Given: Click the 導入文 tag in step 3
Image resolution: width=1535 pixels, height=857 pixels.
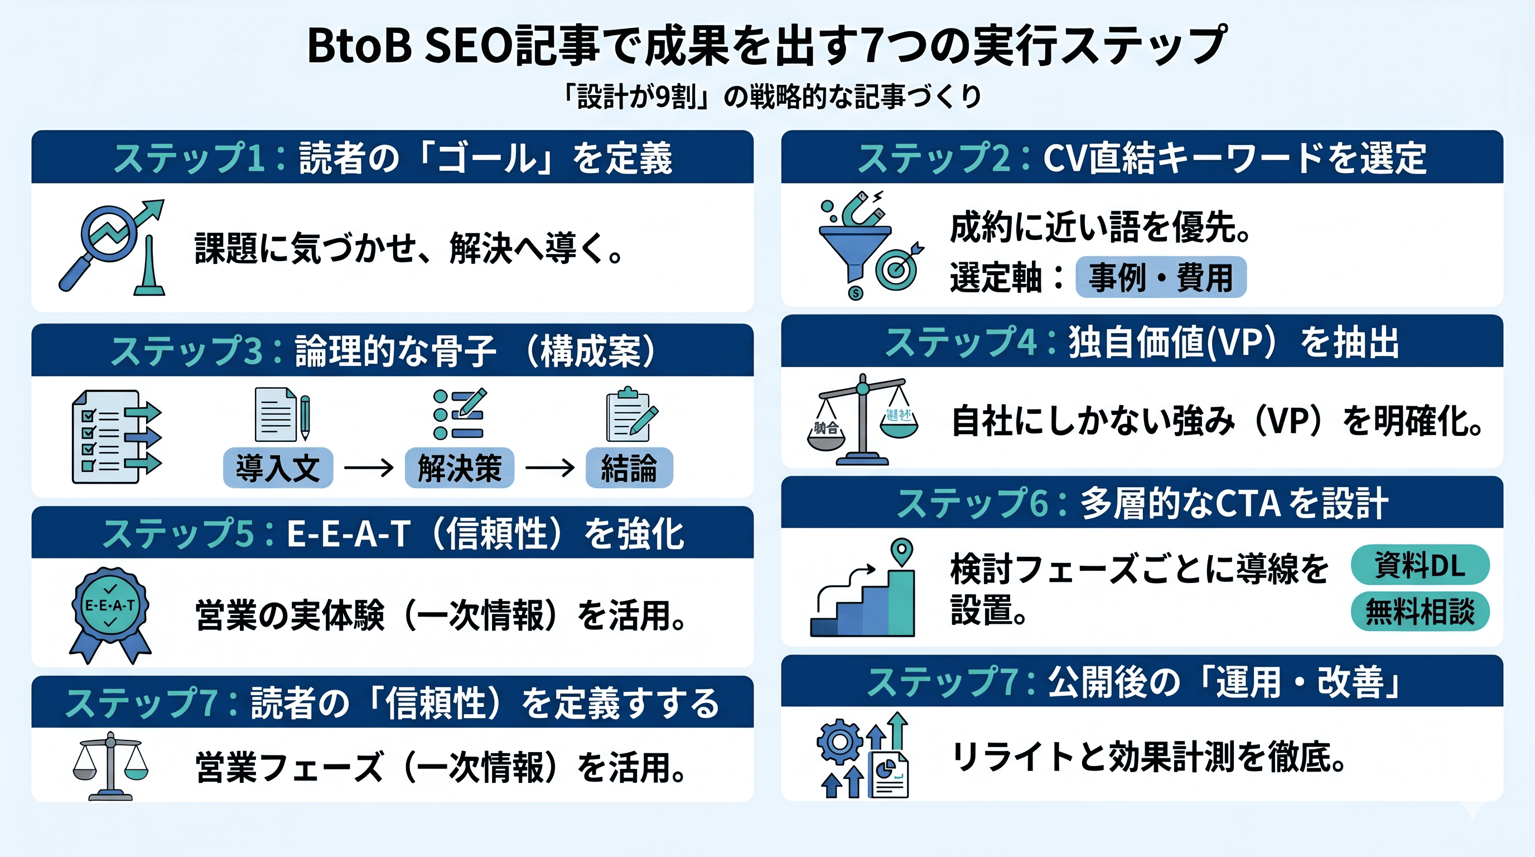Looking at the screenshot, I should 278,468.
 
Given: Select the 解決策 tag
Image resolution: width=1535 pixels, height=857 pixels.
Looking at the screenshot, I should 459,468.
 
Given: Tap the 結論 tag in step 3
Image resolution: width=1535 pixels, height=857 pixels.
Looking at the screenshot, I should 629,468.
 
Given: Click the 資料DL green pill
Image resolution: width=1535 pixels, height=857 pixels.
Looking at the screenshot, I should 1420,565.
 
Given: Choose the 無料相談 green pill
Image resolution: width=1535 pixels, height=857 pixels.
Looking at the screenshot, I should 1420,612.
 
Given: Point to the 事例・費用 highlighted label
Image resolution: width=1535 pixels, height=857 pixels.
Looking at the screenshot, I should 1160,277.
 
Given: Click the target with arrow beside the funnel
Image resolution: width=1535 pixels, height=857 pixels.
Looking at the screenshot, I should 897,269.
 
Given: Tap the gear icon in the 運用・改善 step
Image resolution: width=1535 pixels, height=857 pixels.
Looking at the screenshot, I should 839,742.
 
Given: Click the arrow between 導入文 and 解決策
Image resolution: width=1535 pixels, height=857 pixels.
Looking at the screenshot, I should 369,468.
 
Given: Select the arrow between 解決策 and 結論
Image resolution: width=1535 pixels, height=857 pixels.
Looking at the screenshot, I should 549,468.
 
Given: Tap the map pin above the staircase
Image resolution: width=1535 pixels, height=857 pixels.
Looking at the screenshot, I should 901,551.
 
